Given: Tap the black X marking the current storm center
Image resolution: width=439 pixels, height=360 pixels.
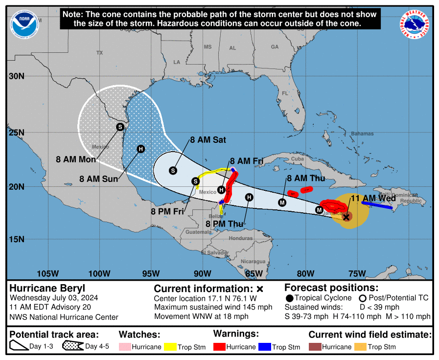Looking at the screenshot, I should pos(347,217).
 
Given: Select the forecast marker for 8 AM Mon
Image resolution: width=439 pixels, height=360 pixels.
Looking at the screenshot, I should pos(120,127).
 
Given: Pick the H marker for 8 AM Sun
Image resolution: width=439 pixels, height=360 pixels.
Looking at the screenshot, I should pos(141,149).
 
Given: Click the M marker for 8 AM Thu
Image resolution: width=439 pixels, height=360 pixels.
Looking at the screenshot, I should pos(282,202).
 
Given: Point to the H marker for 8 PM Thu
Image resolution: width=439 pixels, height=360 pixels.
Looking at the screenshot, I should pos(249,197).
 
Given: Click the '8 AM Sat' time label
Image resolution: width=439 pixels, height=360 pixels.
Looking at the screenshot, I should pos(208,140).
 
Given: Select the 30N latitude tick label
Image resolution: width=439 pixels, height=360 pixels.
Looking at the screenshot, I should pos(16,76).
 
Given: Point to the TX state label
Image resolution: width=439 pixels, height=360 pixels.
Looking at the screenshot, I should pos(100,52).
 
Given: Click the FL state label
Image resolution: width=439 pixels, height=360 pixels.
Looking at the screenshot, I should pos(285,93).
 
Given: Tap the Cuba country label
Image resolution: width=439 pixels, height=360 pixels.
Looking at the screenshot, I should pos(298,159).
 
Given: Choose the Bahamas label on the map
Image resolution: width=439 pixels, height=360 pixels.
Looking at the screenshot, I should pos(362,134).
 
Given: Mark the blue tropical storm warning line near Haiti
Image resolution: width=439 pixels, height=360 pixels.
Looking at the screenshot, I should pos(377,205).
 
